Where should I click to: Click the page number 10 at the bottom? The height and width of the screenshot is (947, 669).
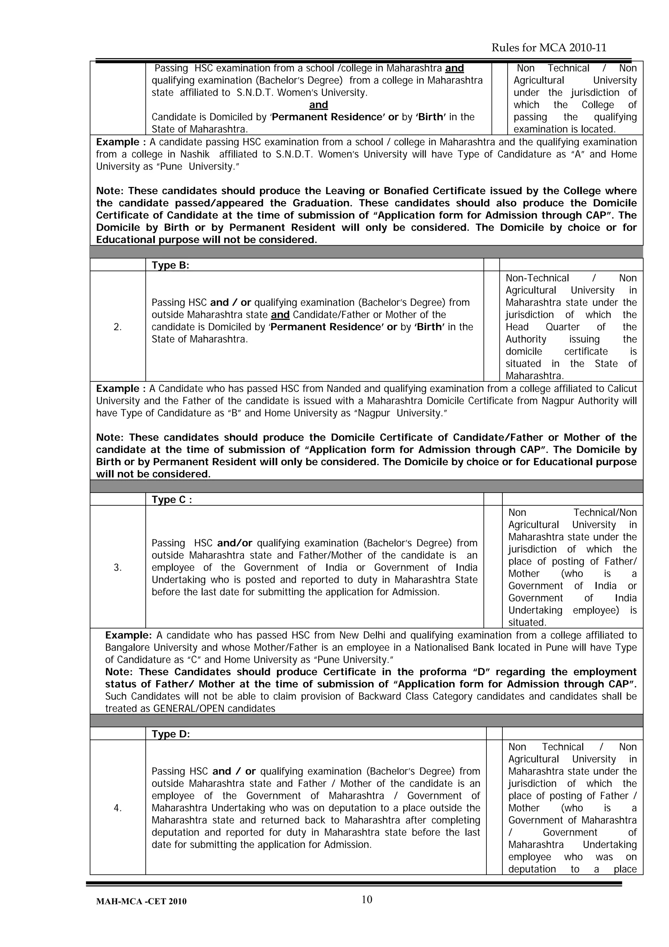[367, 900]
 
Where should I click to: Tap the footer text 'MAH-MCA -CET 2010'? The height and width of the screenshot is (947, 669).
[141, 902]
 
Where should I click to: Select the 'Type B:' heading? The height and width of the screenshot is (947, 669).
[170, 265]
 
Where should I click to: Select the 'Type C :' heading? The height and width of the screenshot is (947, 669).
[171, 499]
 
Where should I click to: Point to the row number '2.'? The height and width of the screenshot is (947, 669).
[118, 327]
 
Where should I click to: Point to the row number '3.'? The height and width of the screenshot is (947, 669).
[118, 567]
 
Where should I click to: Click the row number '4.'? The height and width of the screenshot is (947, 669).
[118, 808]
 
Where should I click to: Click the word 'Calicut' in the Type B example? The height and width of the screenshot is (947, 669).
[621, 389]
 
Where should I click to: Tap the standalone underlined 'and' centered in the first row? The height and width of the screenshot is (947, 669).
[318, 105]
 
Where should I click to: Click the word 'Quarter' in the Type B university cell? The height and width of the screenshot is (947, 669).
[562, 327]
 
